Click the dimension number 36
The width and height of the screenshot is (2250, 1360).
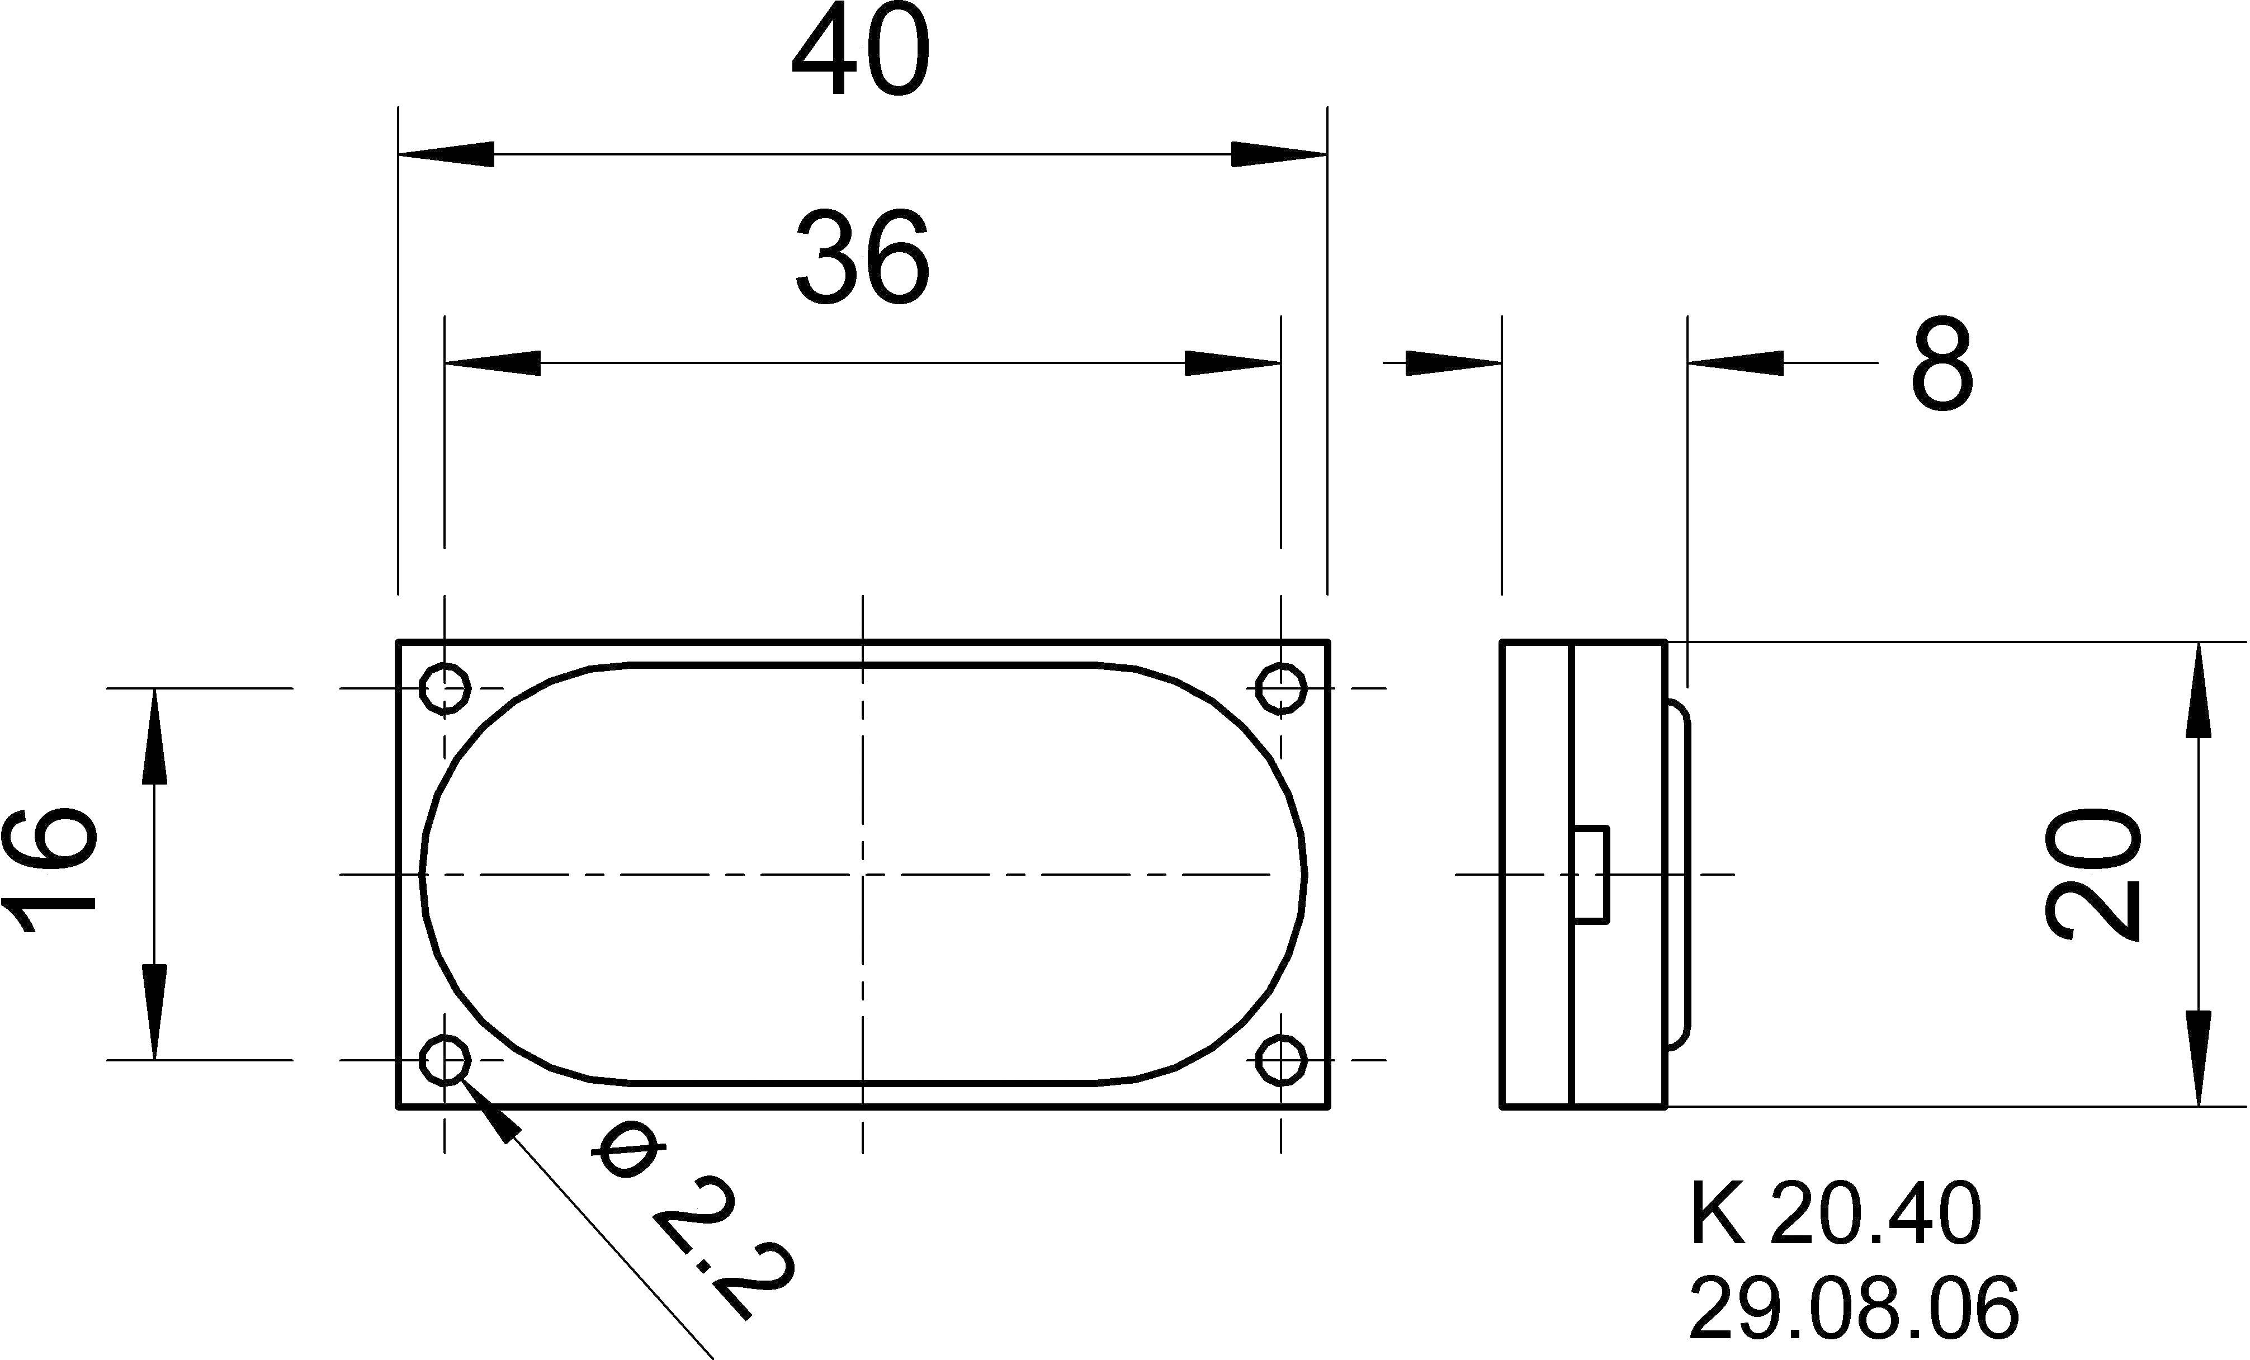(x=862, y=258)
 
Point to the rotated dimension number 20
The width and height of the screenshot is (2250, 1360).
(x=2093, y=873)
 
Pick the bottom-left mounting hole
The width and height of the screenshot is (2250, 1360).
(x=445, y=1060)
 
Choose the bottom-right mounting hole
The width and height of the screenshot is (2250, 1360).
(x=1280, y=1060)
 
